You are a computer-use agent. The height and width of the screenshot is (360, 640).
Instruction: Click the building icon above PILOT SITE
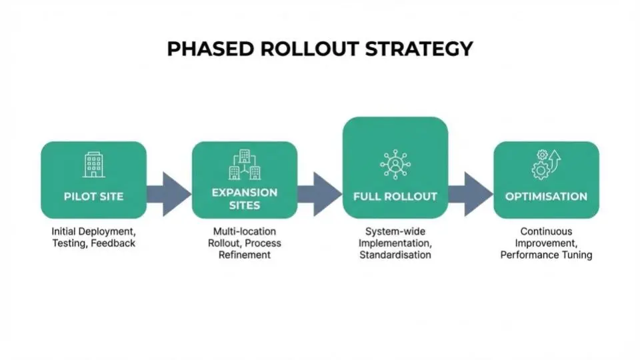(x=93, y=164)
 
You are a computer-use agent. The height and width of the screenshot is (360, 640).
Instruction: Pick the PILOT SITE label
(x=93, y=197)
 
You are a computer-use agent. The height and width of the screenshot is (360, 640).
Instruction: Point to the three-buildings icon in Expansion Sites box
(x=245, y=165)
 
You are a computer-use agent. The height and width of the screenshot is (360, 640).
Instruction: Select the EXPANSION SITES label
(x=245, y=199)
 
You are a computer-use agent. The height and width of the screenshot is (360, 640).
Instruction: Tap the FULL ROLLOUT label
(x=395, y=197)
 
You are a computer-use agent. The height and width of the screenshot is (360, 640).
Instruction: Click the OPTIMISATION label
(x=546, y=197)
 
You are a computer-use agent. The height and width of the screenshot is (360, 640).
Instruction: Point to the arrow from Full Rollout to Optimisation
(x=471, y=194)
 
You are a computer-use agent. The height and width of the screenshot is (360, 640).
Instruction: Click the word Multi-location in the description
(x=244, y=231)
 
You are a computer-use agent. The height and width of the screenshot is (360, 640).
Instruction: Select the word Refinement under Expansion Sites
(x=245, y=255)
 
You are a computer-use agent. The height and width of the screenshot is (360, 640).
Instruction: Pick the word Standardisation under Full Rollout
(x=395, y=255)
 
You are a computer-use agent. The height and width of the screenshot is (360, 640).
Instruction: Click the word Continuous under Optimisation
(x=546, y=231)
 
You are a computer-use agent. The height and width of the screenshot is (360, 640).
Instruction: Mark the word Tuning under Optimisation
(x=575, y=255)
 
